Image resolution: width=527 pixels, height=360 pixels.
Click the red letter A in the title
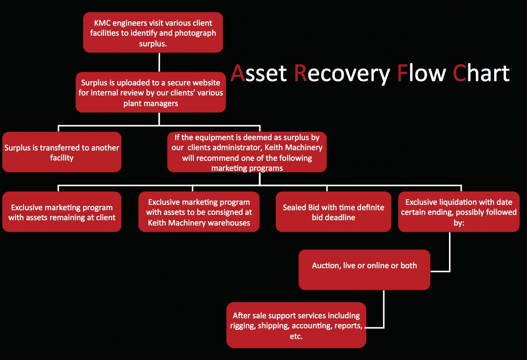[x=237, y=73]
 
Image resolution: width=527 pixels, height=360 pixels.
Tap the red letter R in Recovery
[x=301, y=73]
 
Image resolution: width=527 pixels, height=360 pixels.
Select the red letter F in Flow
[x=402, y=73]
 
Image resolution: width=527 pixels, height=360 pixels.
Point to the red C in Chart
[x=459, y=73]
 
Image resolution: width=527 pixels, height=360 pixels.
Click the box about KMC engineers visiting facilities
[x=153, y=32]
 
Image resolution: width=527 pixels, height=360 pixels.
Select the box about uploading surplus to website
[x=151, y=92]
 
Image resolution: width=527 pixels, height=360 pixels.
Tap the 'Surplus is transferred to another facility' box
[x=62, y=152]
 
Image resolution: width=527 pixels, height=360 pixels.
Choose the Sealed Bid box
[x=333, y=212]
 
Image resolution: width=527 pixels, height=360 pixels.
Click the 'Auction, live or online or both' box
[x=364, y=270]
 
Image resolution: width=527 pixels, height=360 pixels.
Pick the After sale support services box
[x=296, y=325]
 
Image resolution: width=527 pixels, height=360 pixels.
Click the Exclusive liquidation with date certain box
[x=459, y=212]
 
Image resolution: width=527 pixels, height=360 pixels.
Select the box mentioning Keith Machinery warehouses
[x=199, y=212]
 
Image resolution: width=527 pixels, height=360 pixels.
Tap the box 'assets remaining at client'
[x=62, y=212]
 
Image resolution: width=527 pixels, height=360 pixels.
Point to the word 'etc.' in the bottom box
[x=296, y=336]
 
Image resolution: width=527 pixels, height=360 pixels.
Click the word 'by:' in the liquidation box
[x=459, y=223]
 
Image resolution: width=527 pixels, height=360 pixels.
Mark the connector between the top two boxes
[x=159, y=62]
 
